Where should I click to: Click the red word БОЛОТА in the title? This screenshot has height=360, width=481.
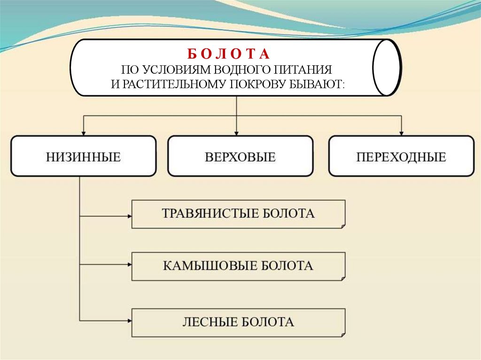226,54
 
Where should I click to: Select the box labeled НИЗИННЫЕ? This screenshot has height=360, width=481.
83,156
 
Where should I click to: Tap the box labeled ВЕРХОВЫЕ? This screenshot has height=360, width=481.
240,156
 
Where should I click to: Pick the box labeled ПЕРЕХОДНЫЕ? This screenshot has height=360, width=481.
401,156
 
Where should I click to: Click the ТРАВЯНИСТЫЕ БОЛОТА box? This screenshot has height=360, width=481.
238,214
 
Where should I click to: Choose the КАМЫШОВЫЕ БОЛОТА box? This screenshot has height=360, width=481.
238,266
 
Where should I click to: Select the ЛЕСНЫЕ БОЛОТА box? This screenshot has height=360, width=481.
238,322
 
